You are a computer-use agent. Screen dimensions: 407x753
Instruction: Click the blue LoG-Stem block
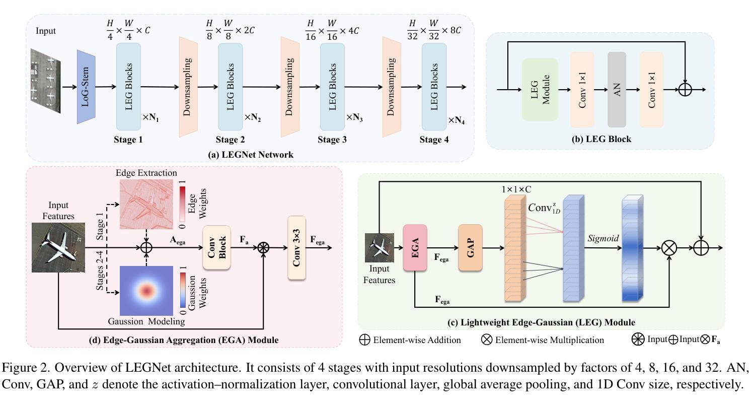pyautogui.click(x=86, y=87)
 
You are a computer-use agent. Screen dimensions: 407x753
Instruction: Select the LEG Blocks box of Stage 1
pyautogui.click(x=128, y=87)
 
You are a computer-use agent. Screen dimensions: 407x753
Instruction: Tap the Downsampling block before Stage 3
pyautogui.click(x=289, y=87)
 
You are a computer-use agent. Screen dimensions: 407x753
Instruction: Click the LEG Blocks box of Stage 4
pyautogui.click(x=434, y=87)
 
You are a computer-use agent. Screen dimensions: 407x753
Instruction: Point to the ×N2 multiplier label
pyautogui.click(x=253, y=118)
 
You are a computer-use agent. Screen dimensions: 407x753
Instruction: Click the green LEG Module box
pyautogui.click(x=540, y=90)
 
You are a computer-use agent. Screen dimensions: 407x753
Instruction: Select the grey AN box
pyautogui.click(x=617, y=90)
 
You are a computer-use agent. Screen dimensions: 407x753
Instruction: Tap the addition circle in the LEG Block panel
pyautogui.click(x=685, y=90)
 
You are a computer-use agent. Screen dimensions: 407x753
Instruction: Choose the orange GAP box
pyautogui.click(x=471, y=248)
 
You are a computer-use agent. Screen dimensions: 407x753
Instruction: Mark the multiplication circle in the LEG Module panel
pyautogui.click(x=669, y=248)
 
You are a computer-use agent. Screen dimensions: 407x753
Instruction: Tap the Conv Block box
pyautogui.click(x=216, y=247)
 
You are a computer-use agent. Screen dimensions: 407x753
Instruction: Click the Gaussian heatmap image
pyautogui.click(x=146, y=290)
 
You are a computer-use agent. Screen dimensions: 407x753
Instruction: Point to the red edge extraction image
pyautogui.click(x=146, y=205)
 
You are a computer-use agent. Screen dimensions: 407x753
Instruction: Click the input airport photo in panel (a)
pyautogui.click(x=46, y=82)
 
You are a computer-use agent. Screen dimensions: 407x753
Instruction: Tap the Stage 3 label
pyautogui.click(x=332, y=140)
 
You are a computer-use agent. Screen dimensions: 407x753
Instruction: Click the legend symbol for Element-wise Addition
pyautogui.click(x=364, y=340)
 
